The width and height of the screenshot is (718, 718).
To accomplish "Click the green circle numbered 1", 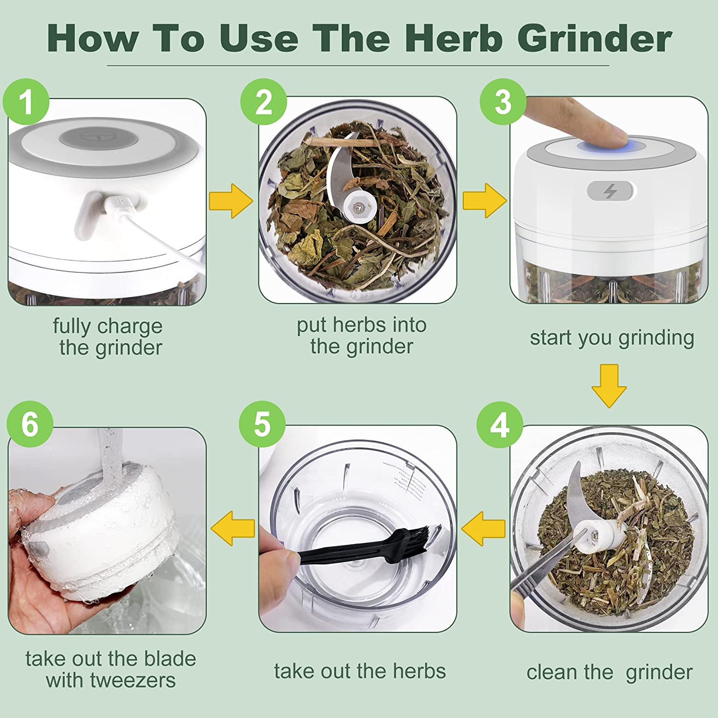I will coord(26,102).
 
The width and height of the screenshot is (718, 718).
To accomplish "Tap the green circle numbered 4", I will coord(500,425).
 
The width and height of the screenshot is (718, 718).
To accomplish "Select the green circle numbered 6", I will coord(30,425).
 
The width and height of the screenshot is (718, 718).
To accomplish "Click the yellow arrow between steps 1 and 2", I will coord(231,201).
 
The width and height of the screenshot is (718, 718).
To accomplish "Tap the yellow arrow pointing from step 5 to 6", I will coord(233,528).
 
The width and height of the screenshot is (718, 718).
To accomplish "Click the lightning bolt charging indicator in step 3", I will coord(609,191).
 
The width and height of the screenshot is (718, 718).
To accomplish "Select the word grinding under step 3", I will coord(656,338).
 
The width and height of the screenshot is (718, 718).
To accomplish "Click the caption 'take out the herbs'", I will coord(359,671).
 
